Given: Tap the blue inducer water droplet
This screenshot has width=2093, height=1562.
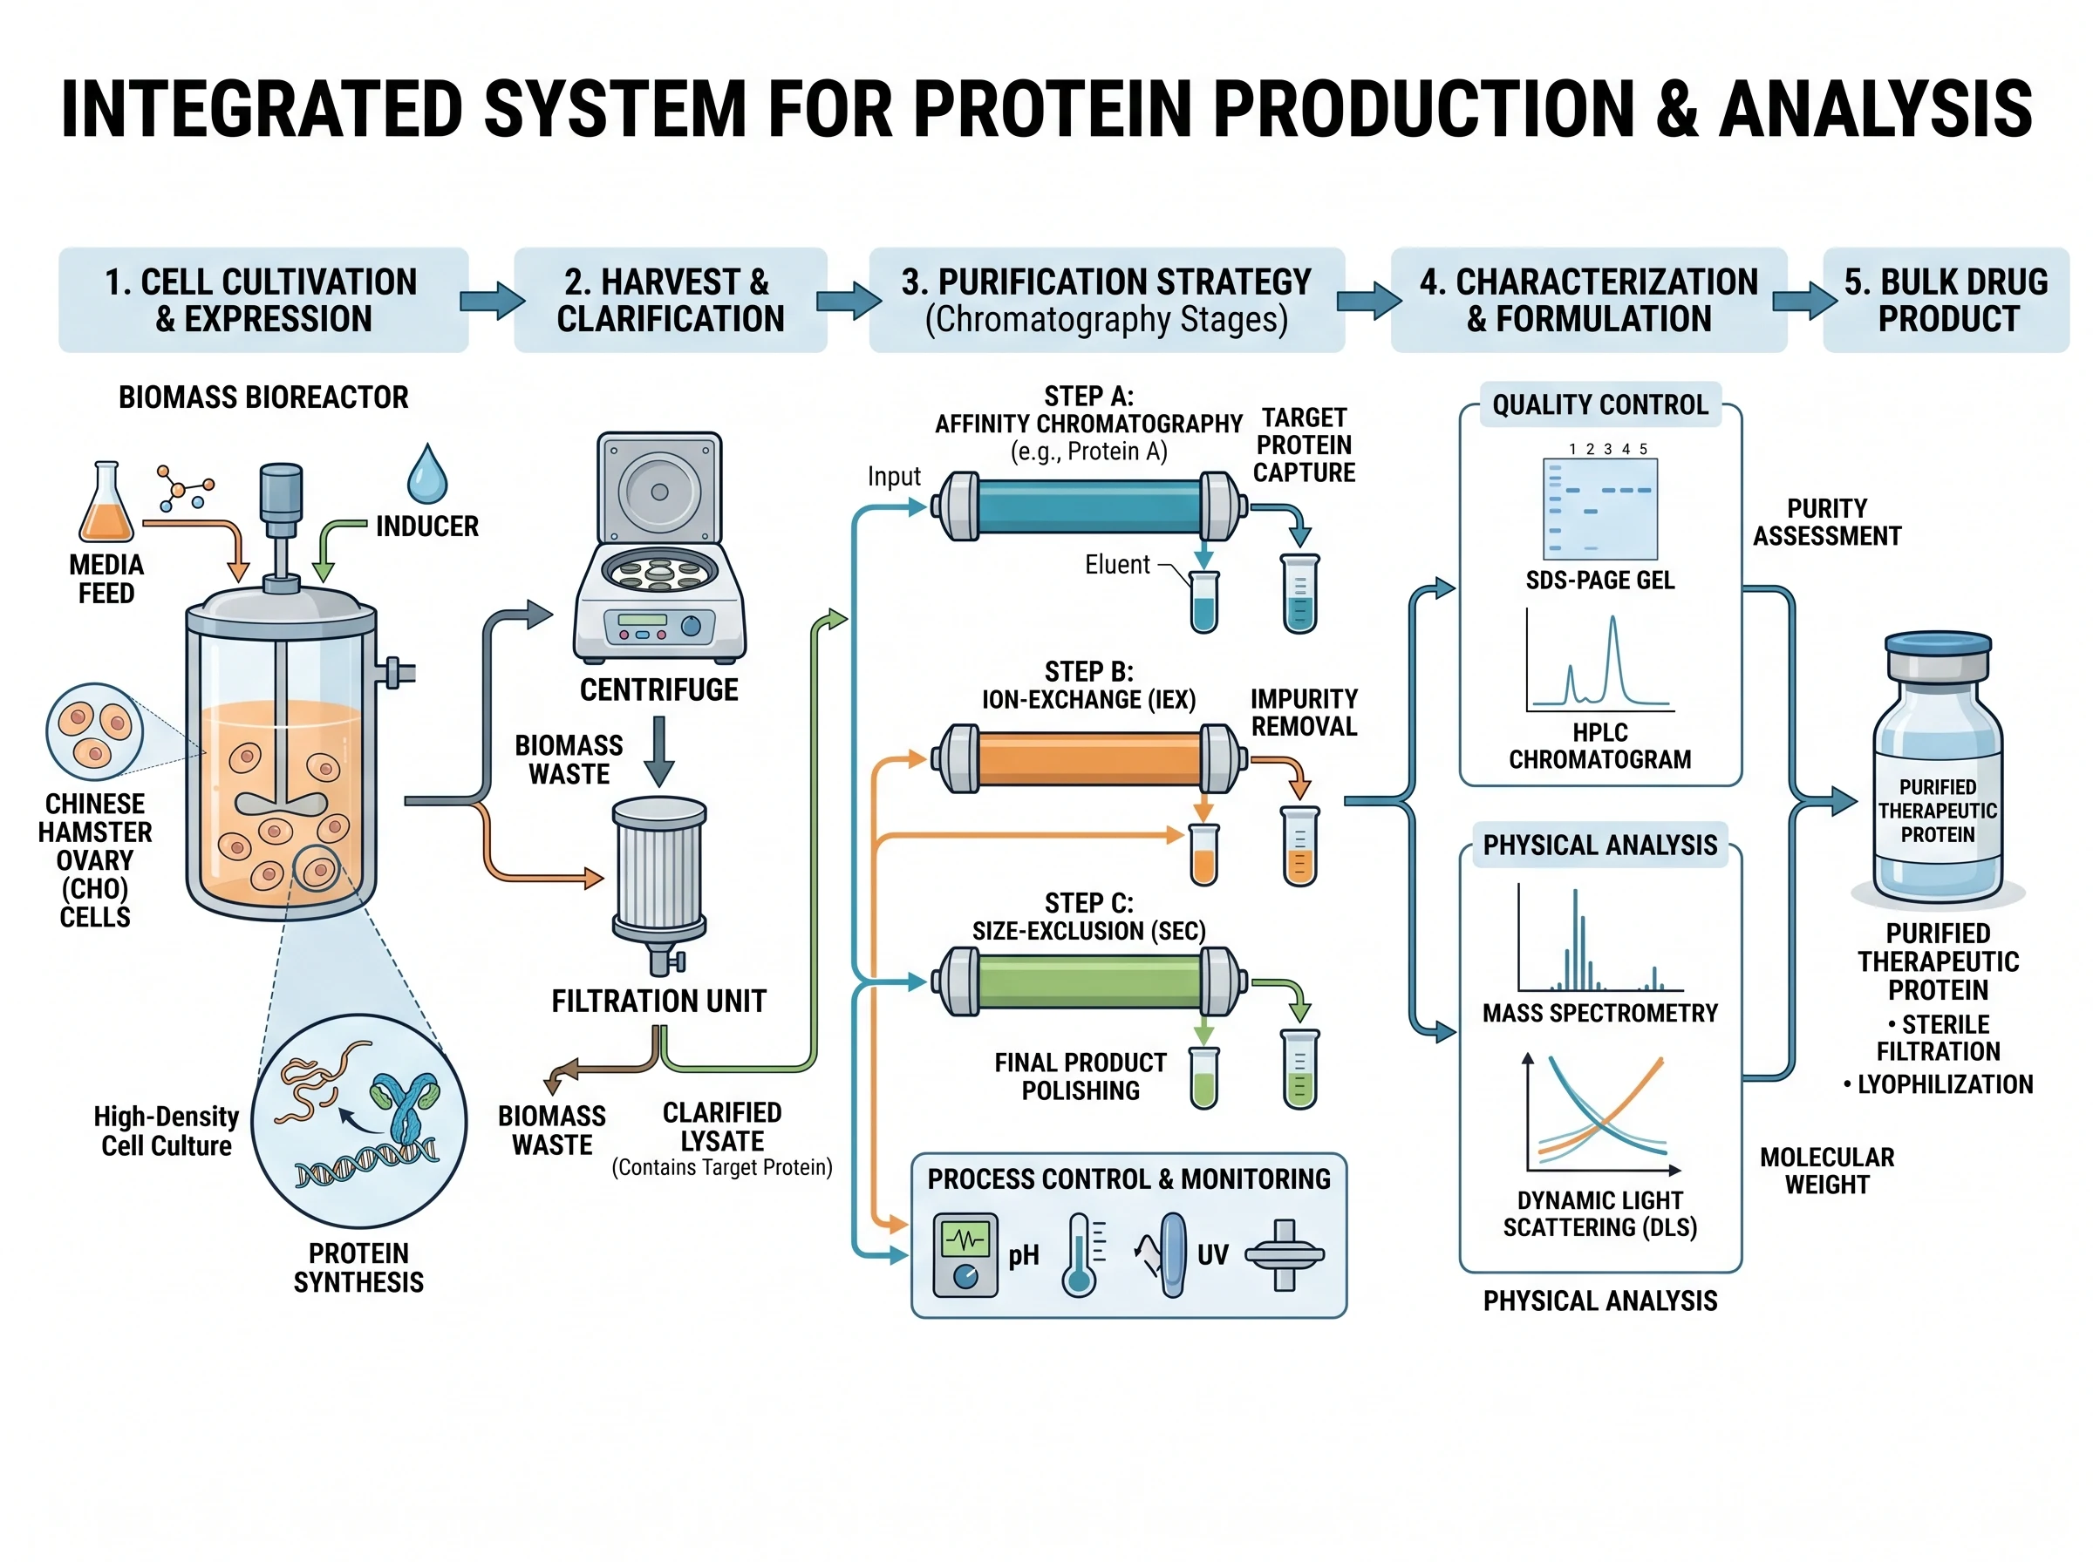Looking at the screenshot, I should [426, 476].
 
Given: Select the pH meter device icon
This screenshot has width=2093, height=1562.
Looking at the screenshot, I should [965, 1254].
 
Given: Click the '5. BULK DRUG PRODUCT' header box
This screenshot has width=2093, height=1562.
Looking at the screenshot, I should [1945, 300].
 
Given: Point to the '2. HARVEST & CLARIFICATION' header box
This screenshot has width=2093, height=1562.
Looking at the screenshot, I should [670, 300].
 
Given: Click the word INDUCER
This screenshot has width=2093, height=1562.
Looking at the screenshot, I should [426, 526].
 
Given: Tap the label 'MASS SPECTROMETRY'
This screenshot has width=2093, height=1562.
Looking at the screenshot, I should [1599, 1014].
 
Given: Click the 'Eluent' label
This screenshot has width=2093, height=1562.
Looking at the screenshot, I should [1116, 566].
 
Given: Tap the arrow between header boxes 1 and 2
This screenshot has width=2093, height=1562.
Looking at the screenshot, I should [491, 301].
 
